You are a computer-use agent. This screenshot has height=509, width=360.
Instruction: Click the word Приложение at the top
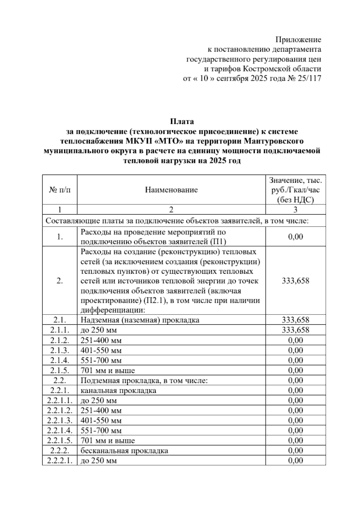(x=298, y=40)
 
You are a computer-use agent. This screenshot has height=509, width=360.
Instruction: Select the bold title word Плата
(x=182, y=122)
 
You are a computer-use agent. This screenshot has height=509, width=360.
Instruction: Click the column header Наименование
(x=171, y=190)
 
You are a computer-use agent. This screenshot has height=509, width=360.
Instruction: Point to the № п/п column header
(x=60, y=190)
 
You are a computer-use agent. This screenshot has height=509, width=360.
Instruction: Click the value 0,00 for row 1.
(x=295, y=236)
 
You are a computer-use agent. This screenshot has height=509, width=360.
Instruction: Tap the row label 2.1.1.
(x=60, y=330)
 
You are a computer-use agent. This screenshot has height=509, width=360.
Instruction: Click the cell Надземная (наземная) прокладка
(x=140, y=320)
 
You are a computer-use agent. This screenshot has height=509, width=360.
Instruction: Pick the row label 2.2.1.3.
(x=60, y=420)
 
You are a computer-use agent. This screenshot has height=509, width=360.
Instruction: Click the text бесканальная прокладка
(x=124, y=451)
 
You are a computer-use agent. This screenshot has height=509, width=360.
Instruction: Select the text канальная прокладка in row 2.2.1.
(x=118, y=390)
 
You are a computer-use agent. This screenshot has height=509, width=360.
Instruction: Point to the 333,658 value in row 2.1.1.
(x=295, y=330)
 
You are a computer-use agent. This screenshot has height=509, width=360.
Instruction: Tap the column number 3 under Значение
(x=295, y=209)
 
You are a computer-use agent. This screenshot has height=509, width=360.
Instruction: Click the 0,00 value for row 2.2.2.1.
(x=295, y=461)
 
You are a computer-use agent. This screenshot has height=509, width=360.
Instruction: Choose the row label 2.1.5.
(x=60, y=370)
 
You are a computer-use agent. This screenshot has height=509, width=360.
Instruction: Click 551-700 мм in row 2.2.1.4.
(x=101, y=431)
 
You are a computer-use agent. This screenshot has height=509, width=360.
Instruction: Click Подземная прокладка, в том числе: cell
(x=144, y=381)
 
